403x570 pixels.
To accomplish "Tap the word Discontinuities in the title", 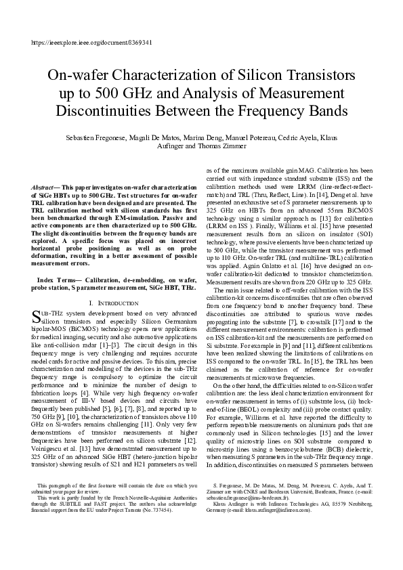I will (x=112, y=109).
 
